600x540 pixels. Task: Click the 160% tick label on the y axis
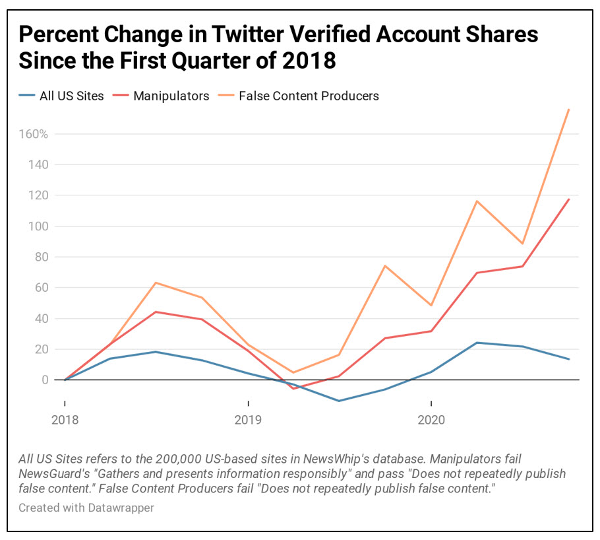33,134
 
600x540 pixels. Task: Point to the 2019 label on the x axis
248,420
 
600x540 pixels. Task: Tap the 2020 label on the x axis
431,420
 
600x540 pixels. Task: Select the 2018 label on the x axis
65,420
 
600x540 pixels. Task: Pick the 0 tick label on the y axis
44,380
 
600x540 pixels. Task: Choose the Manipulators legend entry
171,96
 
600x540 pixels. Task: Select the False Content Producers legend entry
309,96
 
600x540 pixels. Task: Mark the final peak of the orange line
569,109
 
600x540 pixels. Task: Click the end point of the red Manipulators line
569,199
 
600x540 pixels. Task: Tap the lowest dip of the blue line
339,401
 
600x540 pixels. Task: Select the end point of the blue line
569,359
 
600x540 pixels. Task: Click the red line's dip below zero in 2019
293,389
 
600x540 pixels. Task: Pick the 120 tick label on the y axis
38,195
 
